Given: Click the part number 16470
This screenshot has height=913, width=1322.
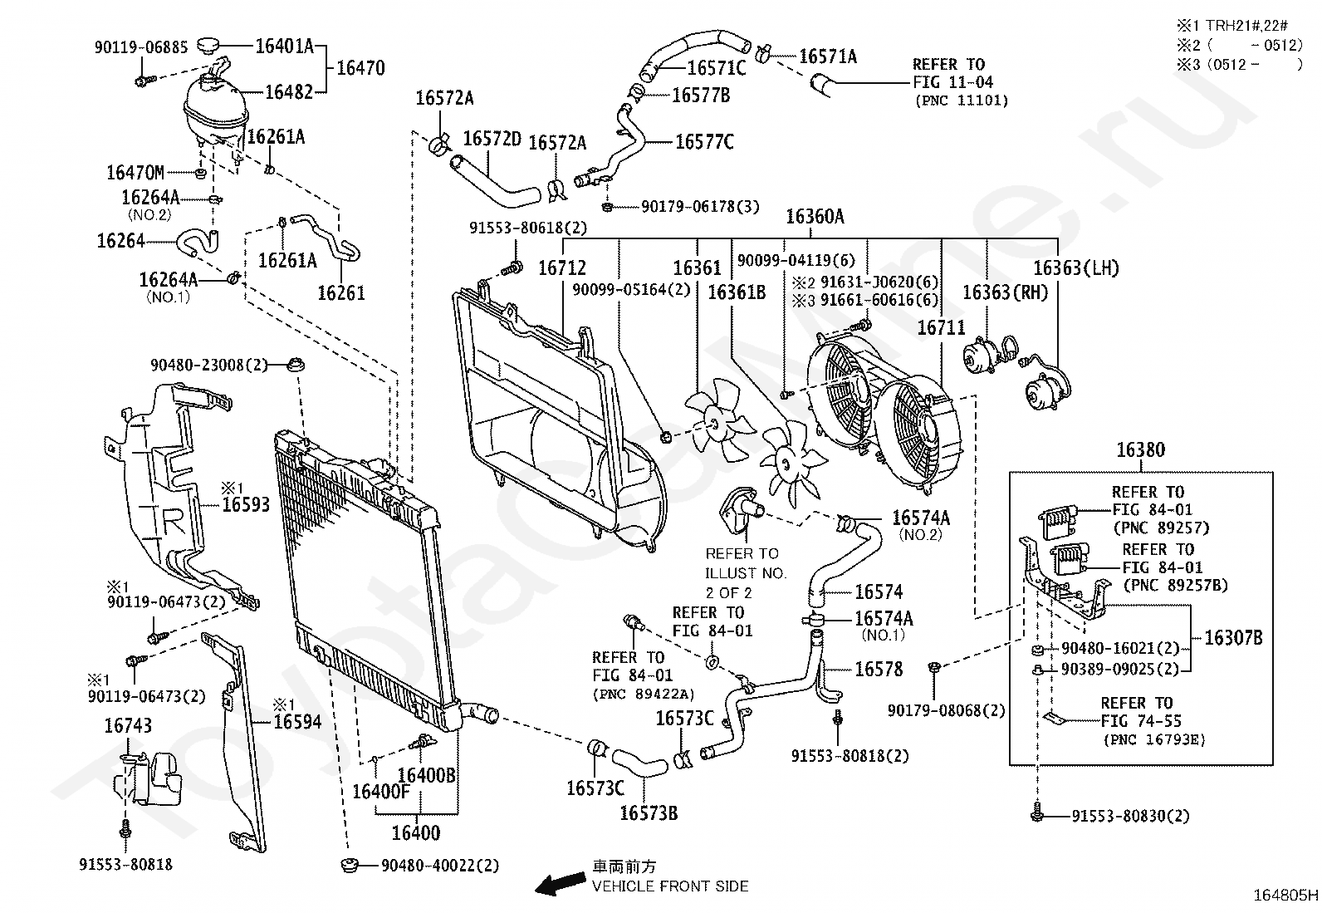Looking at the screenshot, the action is [360, 68].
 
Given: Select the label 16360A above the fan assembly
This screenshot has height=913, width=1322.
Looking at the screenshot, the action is [815, 217].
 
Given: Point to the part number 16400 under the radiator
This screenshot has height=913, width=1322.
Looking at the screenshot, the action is [416, 832].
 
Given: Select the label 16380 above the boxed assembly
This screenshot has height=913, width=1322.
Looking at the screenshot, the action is [1141, 450].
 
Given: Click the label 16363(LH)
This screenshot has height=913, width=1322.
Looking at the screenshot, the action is [1076, 268].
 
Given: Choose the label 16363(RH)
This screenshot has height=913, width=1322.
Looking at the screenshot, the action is [1005, 292].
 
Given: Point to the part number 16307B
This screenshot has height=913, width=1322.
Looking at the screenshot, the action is [1233, 638].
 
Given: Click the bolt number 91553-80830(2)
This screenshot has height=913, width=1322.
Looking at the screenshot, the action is [1130, 816].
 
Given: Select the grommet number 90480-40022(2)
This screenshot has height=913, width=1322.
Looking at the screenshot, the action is [440, 866].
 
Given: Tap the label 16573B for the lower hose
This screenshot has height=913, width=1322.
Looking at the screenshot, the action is [649, 813].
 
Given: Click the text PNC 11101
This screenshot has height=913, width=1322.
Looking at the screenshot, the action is [962, 101].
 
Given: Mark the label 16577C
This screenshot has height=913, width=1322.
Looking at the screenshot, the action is [704, 142].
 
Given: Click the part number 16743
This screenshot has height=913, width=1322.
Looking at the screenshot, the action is [128, 725].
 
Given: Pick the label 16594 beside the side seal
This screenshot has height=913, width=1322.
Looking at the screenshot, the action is [297, 722].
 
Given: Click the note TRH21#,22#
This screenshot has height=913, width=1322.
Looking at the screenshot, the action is [1246, 26].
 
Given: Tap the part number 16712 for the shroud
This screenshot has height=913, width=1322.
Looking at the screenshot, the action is [562, 268].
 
